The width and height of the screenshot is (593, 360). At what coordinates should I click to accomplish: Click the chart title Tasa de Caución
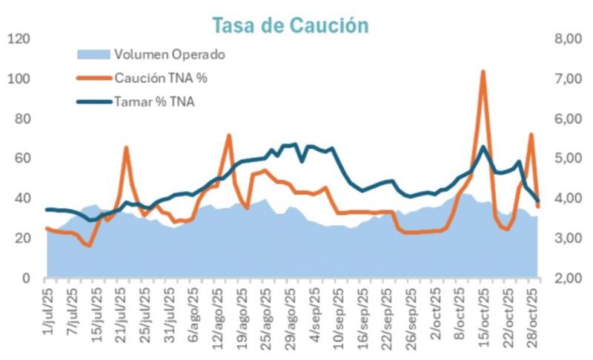(x=290, y=25)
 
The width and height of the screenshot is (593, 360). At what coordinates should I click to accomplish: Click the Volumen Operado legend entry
(x=169, y=54)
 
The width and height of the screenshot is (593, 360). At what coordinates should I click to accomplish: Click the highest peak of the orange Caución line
(x=483, y=72)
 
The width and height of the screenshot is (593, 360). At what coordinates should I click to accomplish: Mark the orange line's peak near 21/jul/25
(x=126, y=148)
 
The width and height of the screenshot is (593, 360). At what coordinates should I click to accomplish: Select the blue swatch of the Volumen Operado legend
(x=93, y=54)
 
